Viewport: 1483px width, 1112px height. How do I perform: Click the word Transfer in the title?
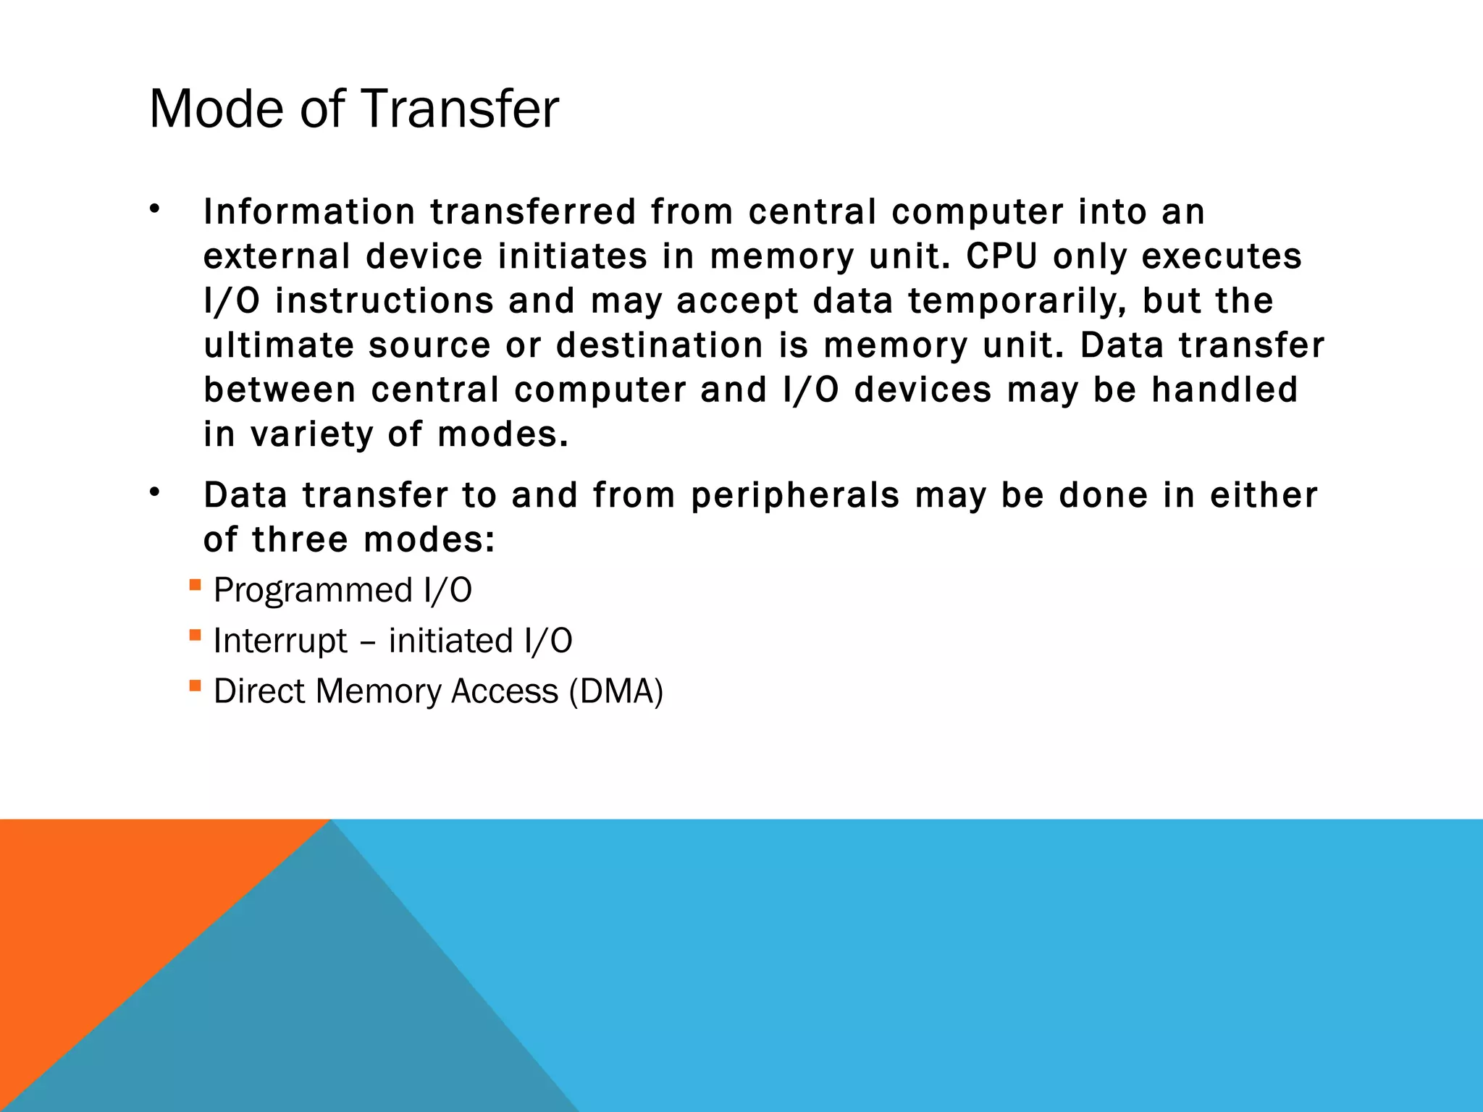point(459,109)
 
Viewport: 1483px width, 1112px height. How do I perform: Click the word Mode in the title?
point(216,109)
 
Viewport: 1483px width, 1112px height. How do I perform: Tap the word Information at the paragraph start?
point(309,212)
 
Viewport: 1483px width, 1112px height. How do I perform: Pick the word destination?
point(660,345)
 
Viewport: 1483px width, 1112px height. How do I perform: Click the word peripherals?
point(795,497)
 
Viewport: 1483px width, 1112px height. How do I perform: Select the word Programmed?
point(313,590)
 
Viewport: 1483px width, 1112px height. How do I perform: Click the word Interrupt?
point(280,641)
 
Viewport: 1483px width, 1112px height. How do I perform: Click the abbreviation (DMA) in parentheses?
point(616,691)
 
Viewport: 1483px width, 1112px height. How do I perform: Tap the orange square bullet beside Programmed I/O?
point(195,584)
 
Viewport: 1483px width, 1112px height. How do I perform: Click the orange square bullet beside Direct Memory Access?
point(195,685)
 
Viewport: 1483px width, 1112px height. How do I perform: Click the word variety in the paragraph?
point(311,434)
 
